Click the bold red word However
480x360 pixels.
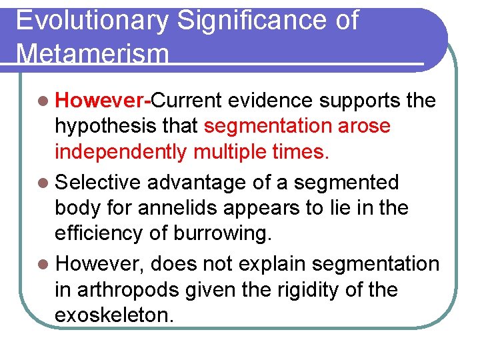coord(100,101)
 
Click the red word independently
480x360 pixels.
coord(121,152)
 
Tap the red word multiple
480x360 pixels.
coord(230,152)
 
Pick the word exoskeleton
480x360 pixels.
coord(114,315)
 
